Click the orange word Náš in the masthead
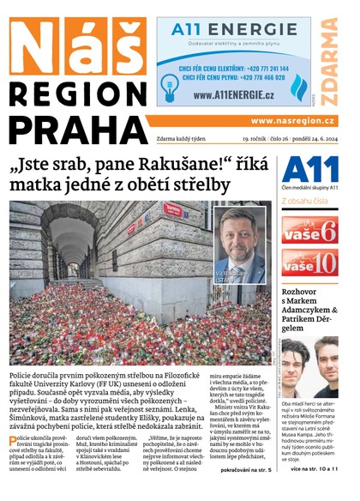[x=77, y=45]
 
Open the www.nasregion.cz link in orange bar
[x=292, y=121]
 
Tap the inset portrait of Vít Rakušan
[x=240, y=245]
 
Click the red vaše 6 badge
[x=309, y=229]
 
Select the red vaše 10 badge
[x=309, y=263]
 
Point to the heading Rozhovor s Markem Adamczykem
[x=309, y=309]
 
